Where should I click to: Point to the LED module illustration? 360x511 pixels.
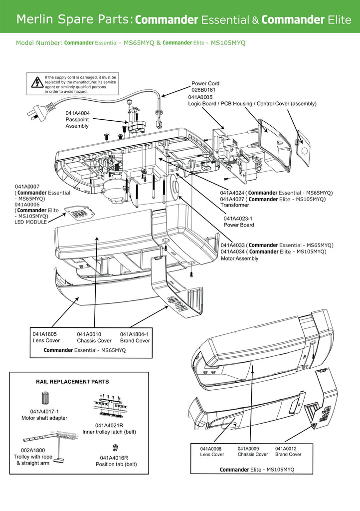pos(78,214)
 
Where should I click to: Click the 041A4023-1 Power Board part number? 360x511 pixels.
pos(238,218)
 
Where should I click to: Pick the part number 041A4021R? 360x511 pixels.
pos(109,425)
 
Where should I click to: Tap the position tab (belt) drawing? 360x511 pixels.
pos(115,447)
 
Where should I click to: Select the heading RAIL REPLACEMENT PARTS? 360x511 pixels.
pos(72,381)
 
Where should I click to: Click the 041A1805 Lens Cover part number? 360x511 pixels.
pos(44,334)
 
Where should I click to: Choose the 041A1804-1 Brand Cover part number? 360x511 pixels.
pos(134,334)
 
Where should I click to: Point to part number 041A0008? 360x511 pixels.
pos(211,448)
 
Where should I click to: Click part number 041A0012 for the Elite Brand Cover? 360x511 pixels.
pos(286,448)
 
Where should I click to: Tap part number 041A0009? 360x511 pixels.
pos(249,448)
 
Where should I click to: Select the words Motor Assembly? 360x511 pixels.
pos(239,258)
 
